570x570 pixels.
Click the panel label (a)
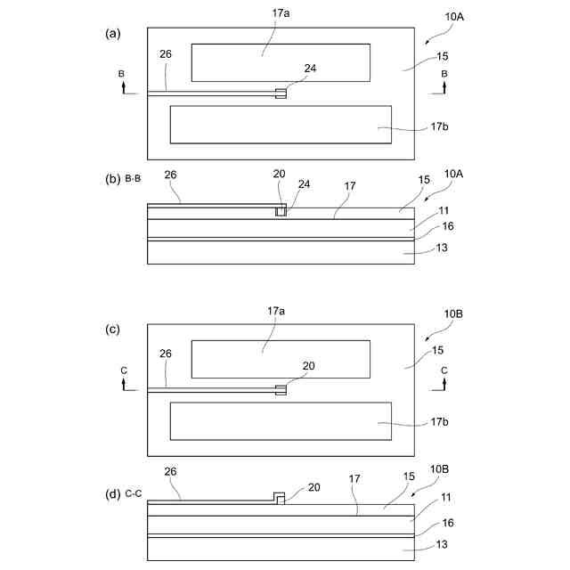[112, 34]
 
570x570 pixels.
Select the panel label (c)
[112, 330]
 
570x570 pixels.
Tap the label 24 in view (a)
[310, 67]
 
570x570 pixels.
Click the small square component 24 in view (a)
[281, 94]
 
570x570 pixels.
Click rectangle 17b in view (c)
[281, 421]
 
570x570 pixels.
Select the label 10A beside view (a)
[453, 28]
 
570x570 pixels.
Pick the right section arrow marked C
[444, 382]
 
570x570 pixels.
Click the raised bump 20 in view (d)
[279, 498]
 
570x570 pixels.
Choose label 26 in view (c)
[166, 354]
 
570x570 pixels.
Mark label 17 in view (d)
[354, 478]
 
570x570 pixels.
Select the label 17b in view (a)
[438, 127]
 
